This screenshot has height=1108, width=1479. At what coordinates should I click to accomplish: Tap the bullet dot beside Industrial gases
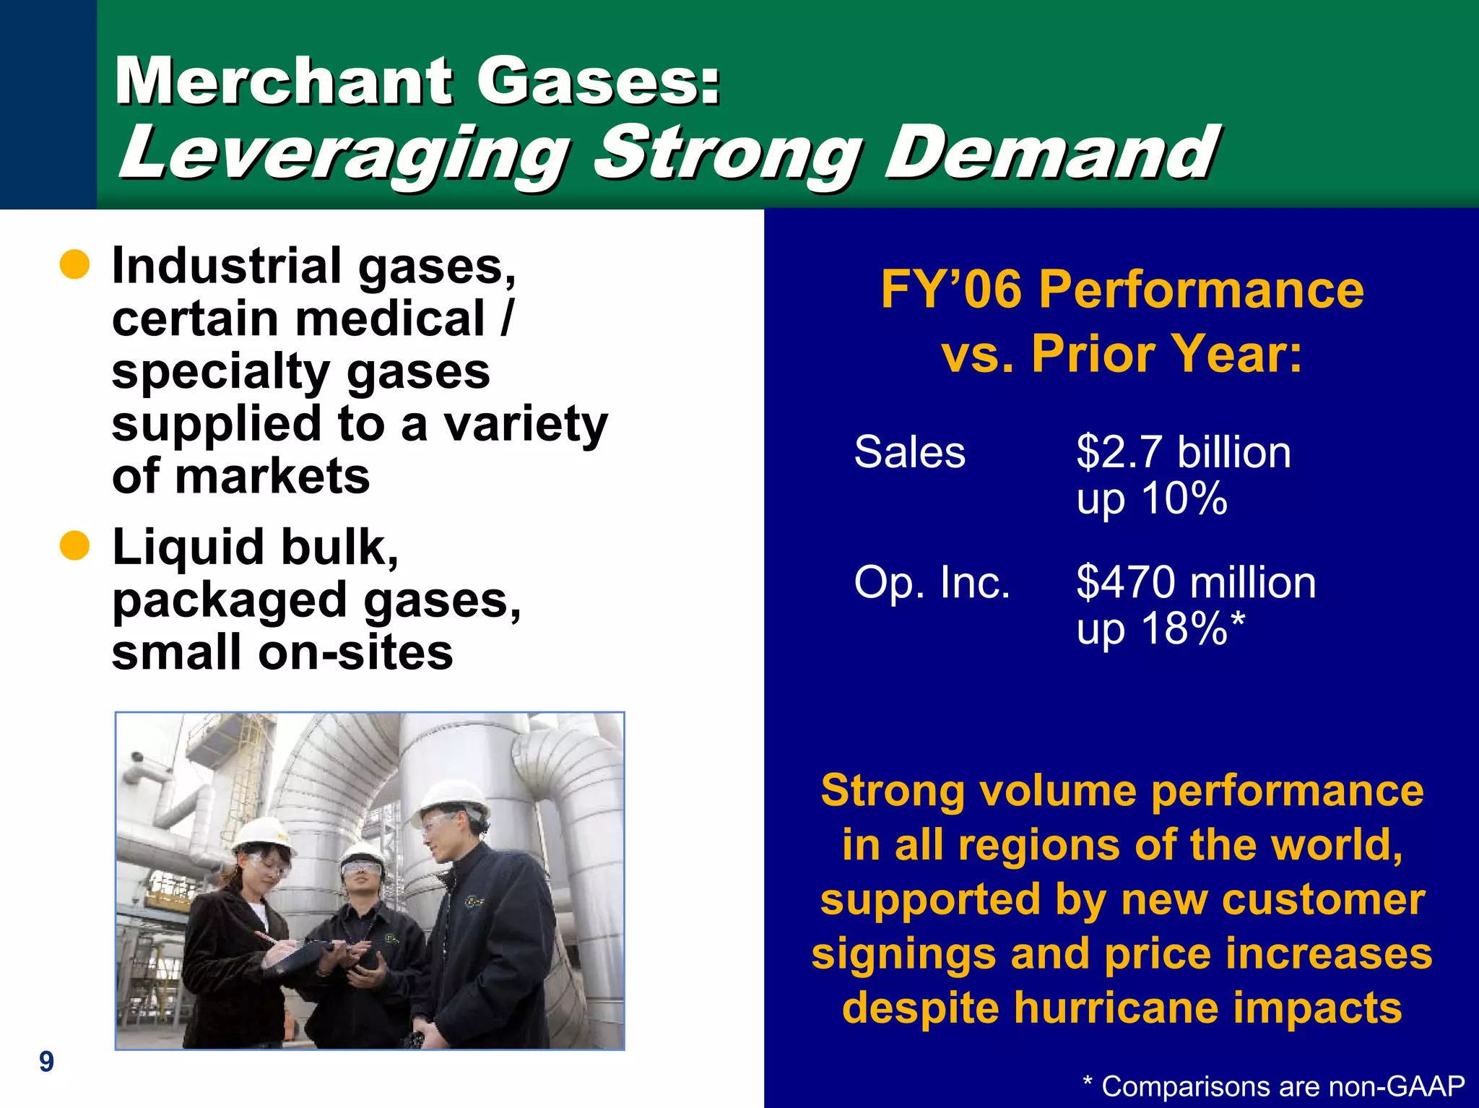click(74, 266)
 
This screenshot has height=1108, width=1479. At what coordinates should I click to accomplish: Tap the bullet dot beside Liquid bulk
click(74, 546)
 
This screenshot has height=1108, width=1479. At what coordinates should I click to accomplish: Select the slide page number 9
click(46, 1061)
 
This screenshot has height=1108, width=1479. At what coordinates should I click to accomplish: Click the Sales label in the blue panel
click(909, 453)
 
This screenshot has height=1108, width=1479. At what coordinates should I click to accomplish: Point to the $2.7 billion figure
click(1183, 453)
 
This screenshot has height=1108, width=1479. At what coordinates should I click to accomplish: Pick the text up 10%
click(1151, 499)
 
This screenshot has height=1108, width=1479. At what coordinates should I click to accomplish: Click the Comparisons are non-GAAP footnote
click(1275, 1086)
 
